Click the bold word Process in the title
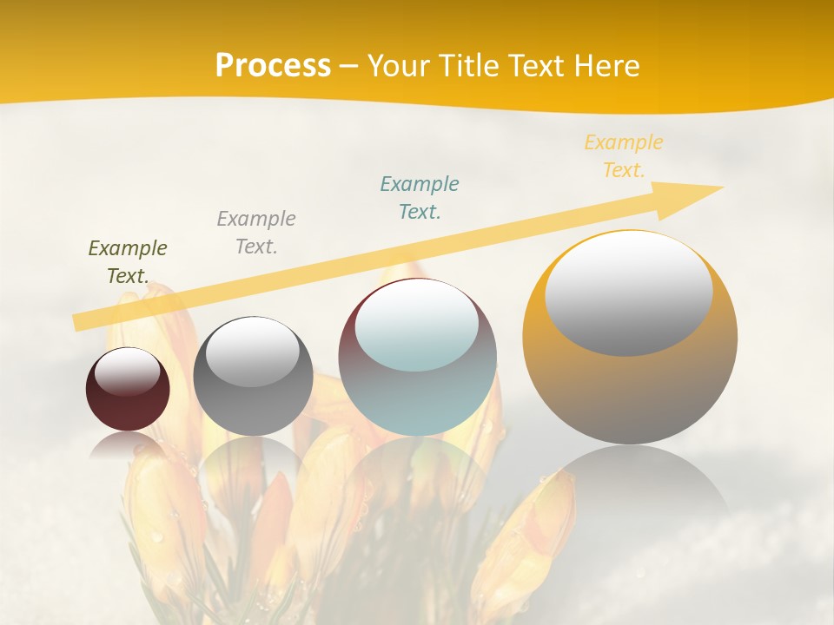point(273,66)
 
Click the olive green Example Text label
point(128,262)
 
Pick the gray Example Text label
point(256,233)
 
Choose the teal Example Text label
point(420,198)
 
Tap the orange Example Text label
point(624,156)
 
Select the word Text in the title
point(535,66)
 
